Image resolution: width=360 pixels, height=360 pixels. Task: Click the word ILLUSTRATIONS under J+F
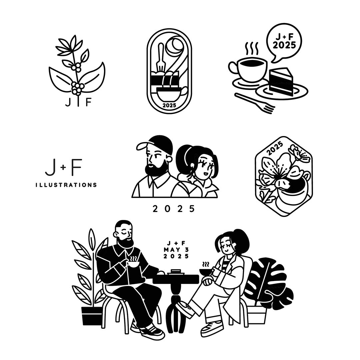coord(66,185)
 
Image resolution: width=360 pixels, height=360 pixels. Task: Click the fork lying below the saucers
coord(255,103)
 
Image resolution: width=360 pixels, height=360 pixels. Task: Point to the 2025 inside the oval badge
coord(169,105)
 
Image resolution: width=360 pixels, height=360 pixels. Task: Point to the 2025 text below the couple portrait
coord(174,209)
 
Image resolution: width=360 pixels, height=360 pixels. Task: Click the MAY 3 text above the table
coord(176,250)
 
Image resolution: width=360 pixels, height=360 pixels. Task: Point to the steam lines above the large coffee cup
coord(252,49)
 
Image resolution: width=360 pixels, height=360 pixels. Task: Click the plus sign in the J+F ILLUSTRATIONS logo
coord(64,168)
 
